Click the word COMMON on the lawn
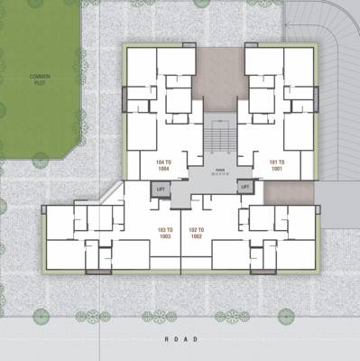click(x=40, y=76)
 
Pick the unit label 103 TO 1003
click(x=163, y=233)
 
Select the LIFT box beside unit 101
click(x=243, y=188)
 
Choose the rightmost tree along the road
click(x=286, y=316)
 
